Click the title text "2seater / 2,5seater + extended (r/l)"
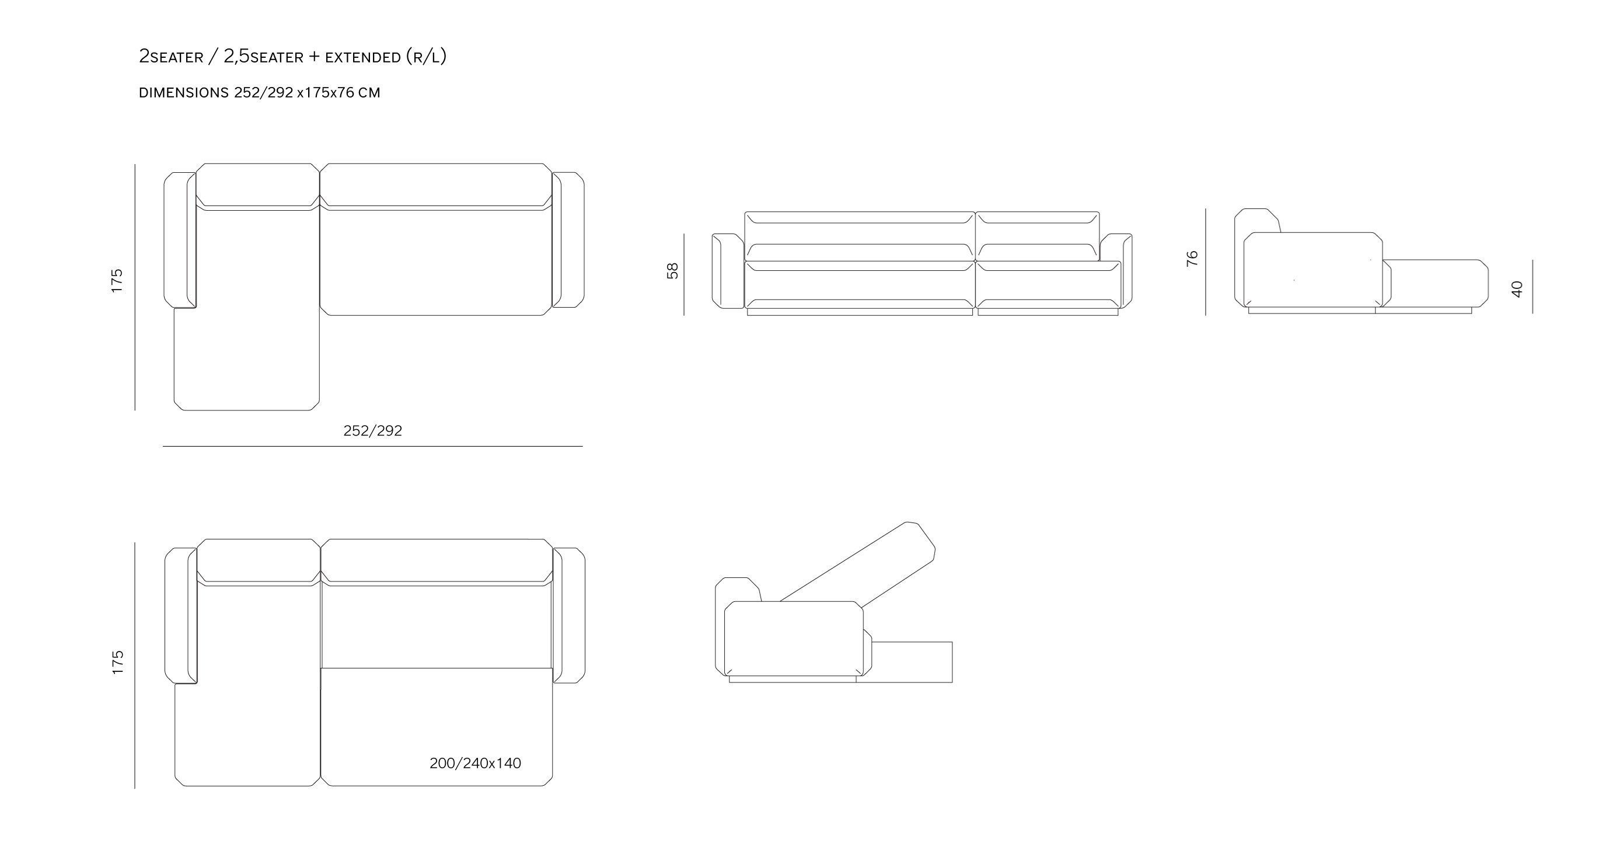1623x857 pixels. point(292,57)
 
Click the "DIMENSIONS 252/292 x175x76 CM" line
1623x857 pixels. point(260,93)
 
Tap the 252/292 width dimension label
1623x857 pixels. point(372,430)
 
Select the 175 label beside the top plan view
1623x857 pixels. point(117,280)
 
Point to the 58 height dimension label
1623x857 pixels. point(672,270)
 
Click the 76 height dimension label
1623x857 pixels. point(1192,259)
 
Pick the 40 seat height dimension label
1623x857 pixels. point(1517,289)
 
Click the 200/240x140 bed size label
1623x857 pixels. point(475,763)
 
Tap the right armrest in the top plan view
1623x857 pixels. point(568,240)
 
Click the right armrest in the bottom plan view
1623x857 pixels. point(569,615)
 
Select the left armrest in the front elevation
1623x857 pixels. point(728,271)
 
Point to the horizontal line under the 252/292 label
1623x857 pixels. point(372,446)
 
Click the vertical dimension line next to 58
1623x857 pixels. point(684,274)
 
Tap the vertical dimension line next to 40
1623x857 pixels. point(1533,287)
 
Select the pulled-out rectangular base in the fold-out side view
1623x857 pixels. point(912,661)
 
